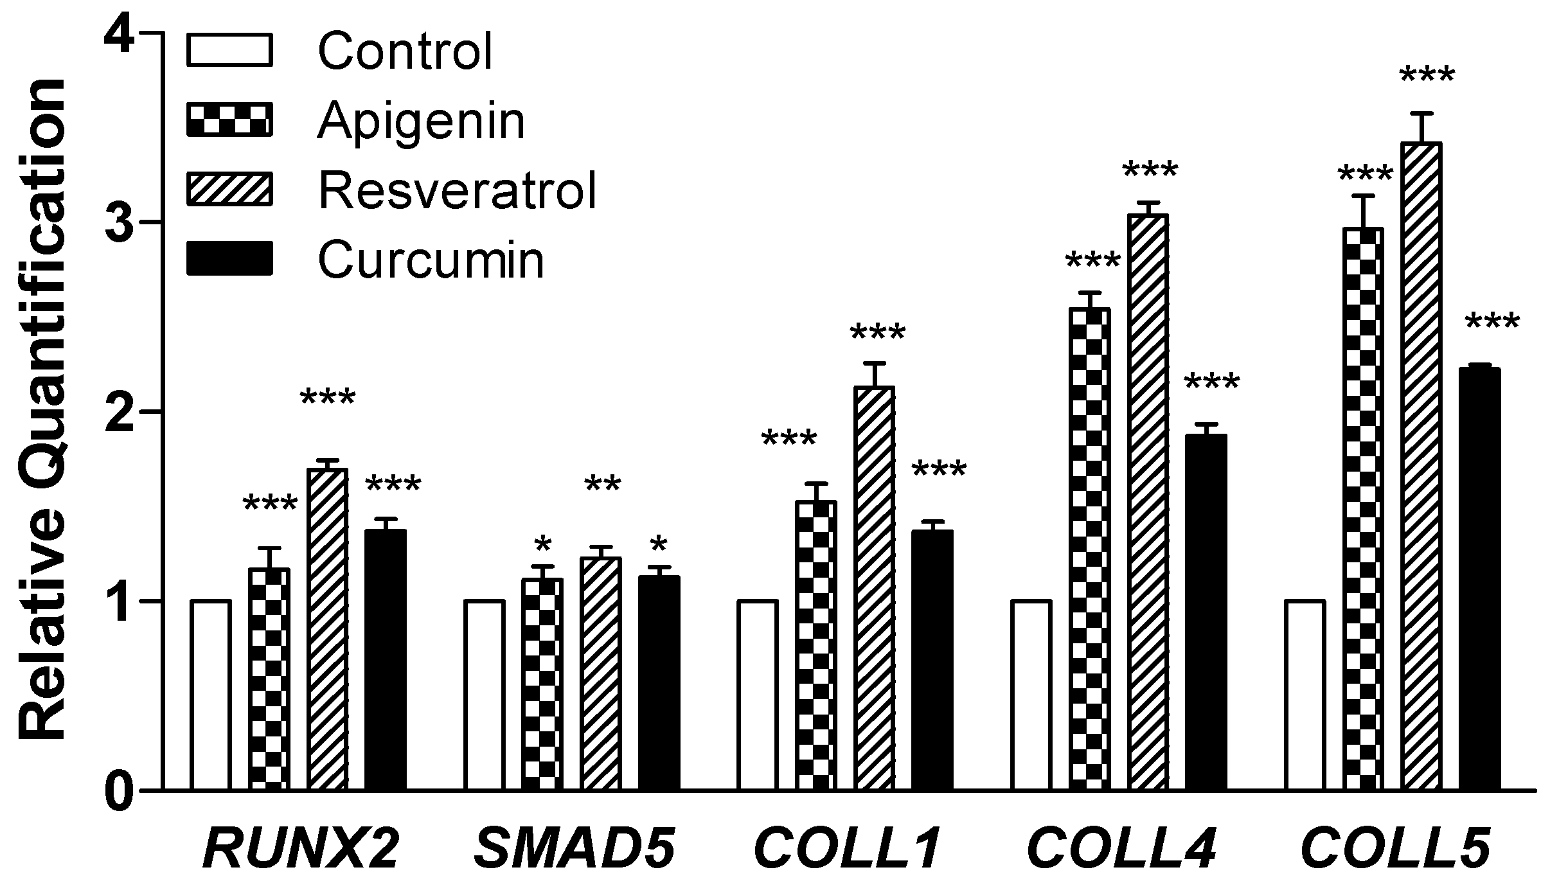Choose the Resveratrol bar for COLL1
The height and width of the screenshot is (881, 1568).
coord(875,588)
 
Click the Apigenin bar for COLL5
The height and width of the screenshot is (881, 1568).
coord(1363,508)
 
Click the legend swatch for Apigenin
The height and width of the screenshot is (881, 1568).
coord(229,120)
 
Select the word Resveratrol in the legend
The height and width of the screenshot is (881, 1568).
coord(457,190)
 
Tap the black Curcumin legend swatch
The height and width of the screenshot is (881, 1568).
coord(229,259)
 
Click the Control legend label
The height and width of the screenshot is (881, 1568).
coord(405,51)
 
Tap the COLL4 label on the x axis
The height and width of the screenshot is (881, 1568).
coord(1121,848)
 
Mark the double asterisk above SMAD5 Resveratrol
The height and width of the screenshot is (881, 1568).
coord(602,485)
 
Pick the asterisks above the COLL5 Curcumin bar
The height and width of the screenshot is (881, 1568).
coord(1492,321)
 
